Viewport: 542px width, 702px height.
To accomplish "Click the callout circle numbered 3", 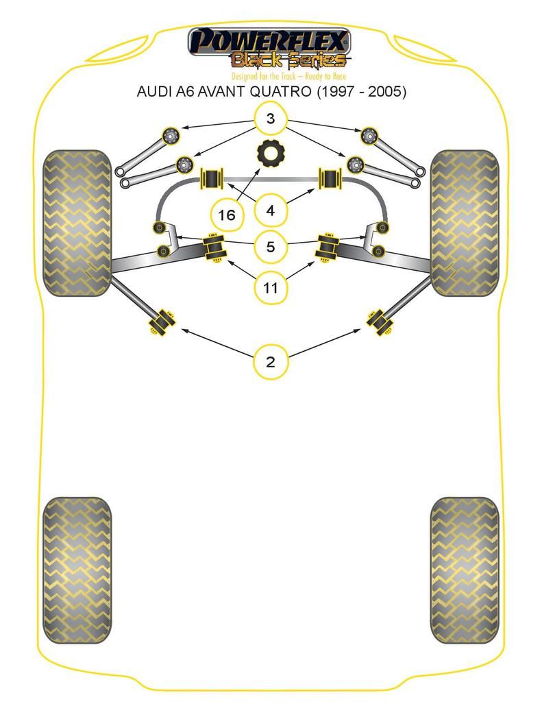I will pos(271,119).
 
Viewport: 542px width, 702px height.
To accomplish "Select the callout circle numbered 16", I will pos(226,215).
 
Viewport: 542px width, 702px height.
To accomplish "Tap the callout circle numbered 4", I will pos(271,210).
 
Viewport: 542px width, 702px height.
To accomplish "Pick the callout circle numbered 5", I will pos(271,246).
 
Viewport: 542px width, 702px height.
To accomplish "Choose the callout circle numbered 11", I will pos(271,287).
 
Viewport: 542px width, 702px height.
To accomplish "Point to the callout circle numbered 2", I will pos(271,361).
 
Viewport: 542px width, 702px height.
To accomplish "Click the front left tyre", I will pos(77,223).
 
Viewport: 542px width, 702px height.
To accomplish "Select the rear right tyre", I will pos(465,570).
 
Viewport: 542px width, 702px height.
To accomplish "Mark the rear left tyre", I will pos(77,570).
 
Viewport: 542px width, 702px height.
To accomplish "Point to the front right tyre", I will pos(465,223).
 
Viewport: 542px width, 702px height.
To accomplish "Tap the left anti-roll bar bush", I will pos(211,180).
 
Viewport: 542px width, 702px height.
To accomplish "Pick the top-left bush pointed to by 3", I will pos(169,135).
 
